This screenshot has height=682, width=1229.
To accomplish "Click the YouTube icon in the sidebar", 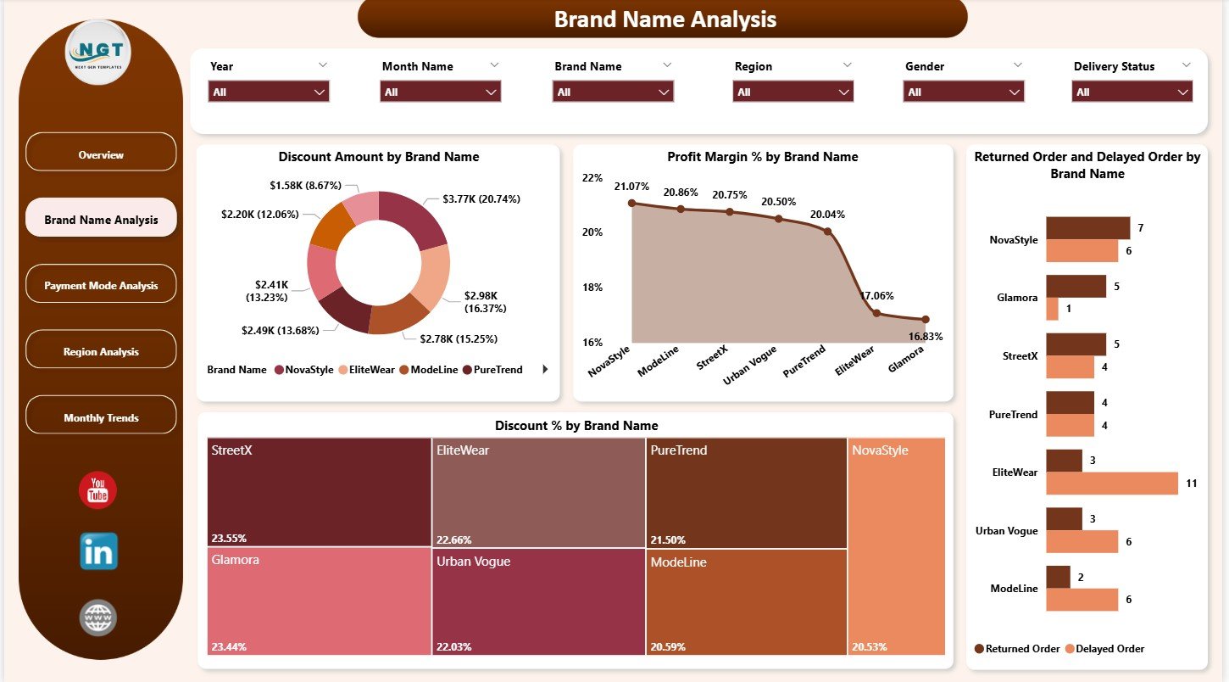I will click(x=97, y=490).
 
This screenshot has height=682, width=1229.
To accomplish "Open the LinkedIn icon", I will click(x=98, y=551).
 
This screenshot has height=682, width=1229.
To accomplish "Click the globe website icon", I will click(x=97, y=618).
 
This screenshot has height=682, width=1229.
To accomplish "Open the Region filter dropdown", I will click(x=792, y=92).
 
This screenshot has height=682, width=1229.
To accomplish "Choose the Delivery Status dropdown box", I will click(x=1132, y=92).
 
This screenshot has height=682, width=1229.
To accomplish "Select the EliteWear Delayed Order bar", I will click(x=1111, y=484).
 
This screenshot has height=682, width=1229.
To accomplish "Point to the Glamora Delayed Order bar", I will click(x=1052, y=309).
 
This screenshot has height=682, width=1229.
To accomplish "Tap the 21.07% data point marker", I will click(x=631, y=203).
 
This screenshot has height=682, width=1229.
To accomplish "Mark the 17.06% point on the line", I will click(x=877, y=313).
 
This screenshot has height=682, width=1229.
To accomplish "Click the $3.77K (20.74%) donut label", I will click(x=481, y=198).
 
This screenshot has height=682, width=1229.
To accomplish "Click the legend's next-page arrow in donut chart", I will click(x=545, y=370).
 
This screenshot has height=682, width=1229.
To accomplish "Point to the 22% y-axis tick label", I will click(x=592, y=178).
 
